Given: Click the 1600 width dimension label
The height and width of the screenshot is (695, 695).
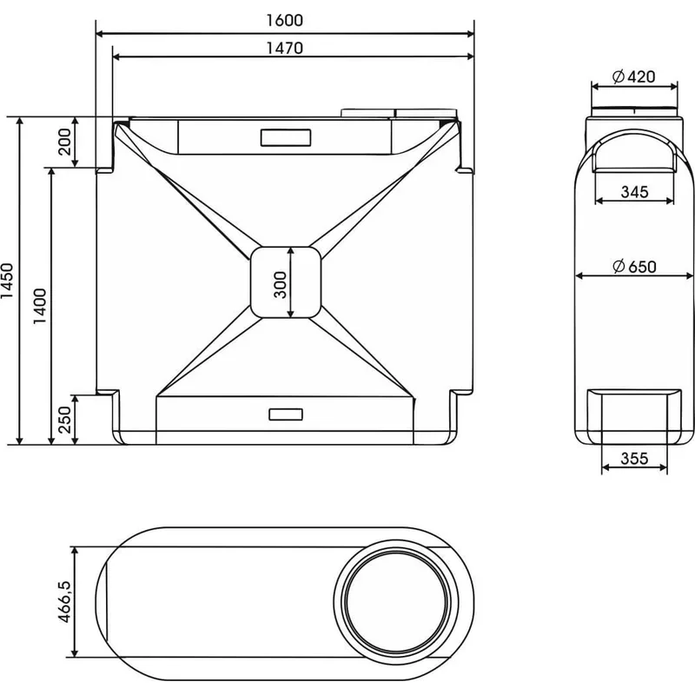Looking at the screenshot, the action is point(285,20).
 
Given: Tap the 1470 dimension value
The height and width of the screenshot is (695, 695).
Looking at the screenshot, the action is point(285,48).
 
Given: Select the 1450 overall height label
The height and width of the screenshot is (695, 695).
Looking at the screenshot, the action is point(8,281).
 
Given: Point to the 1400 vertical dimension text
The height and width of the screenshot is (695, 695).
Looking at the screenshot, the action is point(40,306).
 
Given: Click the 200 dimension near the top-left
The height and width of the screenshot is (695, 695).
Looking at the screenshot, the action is point(64,142).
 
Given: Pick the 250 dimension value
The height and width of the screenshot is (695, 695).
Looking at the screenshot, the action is point(64,420).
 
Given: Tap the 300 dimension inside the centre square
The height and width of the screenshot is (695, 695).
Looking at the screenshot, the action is point(281,285).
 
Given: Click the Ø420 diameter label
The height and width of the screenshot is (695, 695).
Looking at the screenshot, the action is point(634,76).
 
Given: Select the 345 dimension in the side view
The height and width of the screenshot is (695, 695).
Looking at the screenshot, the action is point(634,192).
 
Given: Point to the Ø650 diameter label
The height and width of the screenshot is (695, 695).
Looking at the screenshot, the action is point(634,267).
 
